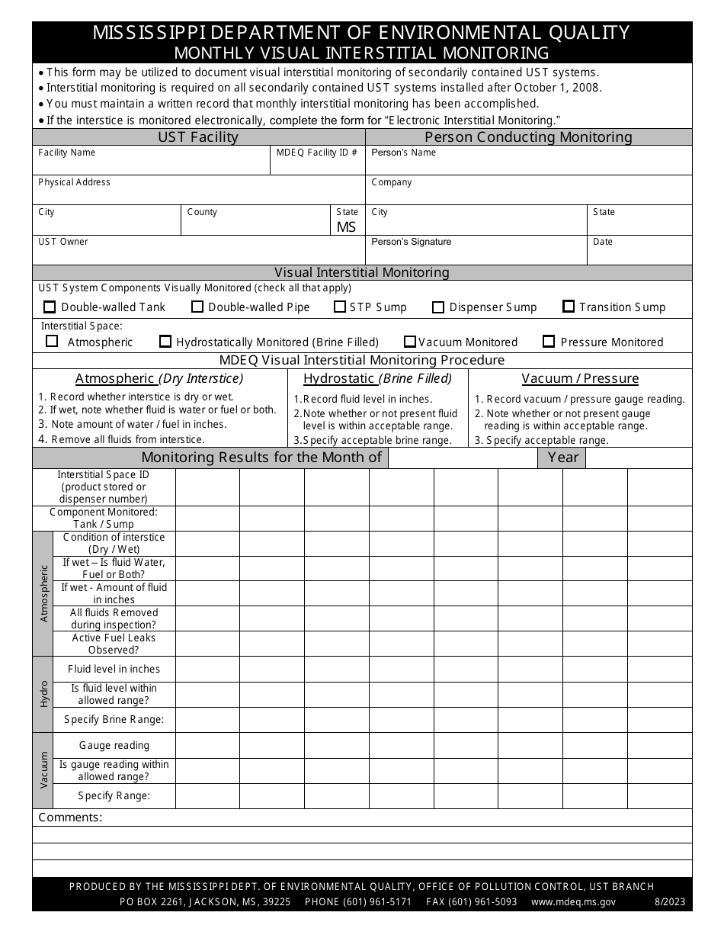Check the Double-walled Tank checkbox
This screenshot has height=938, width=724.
click(x=50, y=307)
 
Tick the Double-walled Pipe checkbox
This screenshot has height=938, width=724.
click(x=197, y=307)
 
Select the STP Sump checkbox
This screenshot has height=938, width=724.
click(x=340, y=307)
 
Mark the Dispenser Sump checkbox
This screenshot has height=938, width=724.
click(x=438, y=307)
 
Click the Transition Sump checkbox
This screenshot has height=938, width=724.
click(x=569, y=307)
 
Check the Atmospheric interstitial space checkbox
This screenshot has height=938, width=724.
click(x=52, y=342)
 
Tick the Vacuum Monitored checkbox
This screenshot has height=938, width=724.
click(x=410, y=342)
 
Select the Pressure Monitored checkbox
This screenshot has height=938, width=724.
click(x=549, y=342)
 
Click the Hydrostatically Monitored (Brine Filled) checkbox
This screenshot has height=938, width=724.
click(x=165, y=342)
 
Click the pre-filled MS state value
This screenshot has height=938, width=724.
click(x=346, y=227)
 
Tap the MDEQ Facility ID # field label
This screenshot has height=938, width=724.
click(x=317, y=153)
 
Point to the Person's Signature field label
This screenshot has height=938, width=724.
click(x=411, y=242)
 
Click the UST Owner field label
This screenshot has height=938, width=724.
click(x=63, y=242)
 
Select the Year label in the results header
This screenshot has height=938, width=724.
click(x=563, y=458)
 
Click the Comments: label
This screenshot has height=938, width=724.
click(x=70, y=818)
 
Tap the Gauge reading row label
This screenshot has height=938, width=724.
click(x=114, y=745)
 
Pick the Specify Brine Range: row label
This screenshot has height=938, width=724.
click(x=114, y=719)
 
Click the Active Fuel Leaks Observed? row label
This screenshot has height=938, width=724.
click(x=114, y=644)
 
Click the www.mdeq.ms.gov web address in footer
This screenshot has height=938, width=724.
click(x=573, y=901)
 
